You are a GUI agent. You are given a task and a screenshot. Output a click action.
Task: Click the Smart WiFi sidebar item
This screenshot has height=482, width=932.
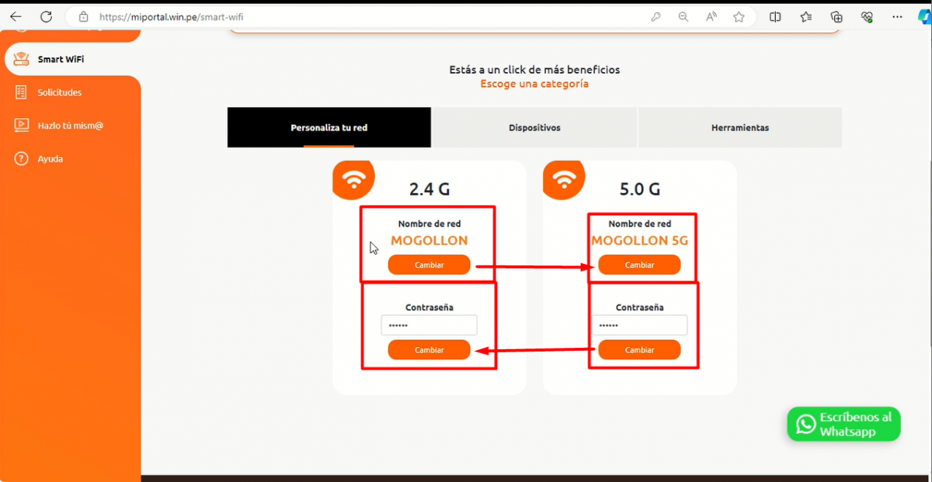61,59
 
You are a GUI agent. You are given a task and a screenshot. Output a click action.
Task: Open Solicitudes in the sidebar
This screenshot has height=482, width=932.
59,92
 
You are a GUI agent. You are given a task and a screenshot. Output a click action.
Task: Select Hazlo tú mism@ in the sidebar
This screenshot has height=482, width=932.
70,125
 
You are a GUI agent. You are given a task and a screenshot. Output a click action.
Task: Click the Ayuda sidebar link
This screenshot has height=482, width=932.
50,158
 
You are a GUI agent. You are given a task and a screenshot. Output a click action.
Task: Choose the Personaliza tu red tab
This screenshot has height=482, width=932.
329,127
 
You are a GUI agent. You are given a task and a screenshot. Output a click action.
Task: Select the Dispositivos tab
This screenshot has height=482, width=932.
534,127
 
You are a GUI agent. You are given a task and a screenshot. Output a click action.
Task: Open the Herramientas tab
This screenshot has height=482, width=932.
739,127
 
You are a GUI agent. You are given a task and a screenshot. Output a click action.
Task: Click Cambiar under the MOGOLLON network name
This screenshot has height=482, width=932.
429,265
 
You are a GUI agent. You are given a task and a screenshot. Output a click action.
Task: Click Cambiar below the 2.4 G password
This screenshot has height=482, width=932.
429,350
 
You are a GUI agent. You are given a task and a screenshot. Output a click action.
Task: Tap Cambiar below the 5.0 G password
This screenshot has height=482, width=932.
639,350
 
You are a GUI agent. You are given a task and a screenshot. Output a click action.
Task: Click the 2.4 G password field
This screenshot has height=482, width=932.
429,325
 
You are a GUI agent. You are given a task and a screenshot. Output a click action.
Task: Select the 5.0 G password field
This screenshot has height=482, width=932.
639,325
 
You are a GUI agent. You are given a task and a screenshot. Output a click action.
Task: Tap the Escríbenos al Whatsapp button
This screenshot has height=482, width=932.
843,424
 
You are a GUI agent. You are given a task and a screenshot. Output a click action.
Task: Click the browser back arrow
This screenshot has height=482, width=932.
16,16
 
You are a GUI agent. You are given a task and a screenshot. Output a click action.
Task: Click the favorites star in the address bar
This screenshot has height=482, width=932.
739,16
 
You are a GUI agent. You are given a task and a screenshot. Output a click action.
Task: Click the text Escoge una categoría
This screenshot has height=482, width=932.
534,84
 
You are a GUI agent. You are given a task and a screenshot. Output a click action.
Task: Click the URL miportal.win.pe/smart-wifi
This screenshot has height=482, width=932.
176,16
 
